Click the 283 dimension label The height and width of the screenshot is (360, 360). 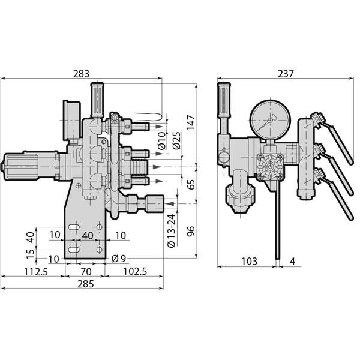(x=81, y=74)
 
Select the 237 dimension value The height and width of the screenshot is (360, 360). (x=286, y=74)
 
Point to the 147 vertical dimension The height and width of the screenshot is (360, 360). (x=191, y=123)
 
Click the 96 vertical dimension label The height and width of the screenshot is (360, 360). (x=191, y=231)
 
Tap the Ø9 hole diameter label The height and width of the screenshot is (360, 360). (x=119, y=259)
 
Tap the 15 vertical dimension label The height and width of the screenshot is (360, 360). (x=28, y=255)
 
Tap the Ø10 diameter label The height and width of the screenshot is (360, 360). (x=161, y=142)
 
